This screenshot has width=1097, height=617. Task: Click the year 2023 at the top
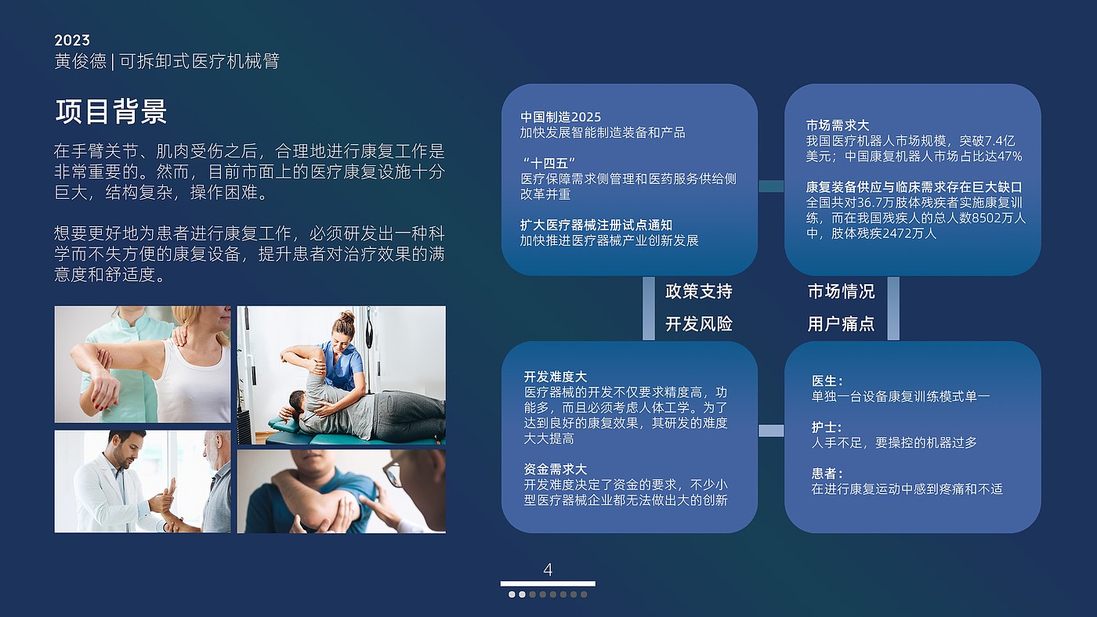click(72, 40)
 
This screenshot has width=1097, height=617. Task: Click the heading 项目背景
click(111, 111)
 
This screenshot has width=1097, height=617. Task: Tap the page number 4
click(548, 569)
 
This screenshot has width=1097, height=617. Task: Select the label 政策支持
click(699, 291)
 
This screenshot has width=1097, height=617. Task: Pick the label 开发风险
click(699, 324)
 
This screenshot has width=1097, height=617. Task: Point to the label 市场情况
click(841, 291)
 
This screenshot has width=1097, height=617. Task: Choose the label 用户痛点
click(841, 324)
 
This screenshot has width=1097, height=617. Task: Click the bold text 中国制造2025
click(560, 117)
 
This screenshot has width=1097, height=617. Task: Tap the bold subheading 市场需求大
click(838, 126)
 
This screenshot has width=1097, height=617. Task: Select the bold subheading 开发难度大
click(556, 377)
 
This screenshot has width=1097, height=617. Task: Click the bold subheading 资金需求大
click(556, 469)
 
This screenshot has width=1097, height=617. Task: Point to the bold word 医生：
click(827, 381)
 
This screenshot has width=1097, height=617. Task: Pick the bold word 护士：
click(827, 428)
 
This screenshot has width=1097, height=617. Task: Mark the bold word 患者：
click(827, 474)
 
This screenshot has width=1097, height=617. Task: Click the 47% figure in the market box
click(1009, 157)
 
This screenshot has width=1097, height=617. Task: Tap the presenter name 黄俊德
click(80, 61)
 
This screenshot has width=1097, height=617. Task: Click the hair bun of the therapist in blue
click(347, 317)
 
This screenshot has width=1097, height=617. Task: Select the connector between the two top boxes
click(771, 186)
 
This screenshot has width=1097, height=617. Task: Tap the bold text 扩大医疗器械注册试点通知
click(596, 225)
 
